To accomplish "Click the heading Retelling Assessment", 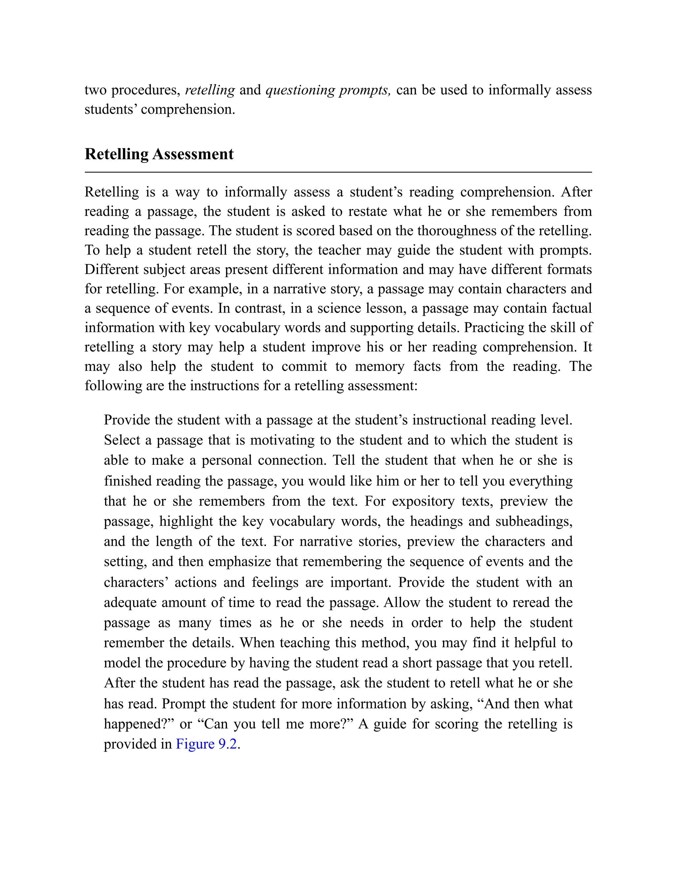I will (159, 154).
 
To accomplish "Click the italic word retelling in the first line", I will (210, 90).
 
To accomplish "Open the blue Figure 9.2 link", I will (207, 744).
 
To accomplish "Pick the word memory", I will (380, 366).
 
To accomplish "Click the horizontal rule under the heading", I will (338, 172).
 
